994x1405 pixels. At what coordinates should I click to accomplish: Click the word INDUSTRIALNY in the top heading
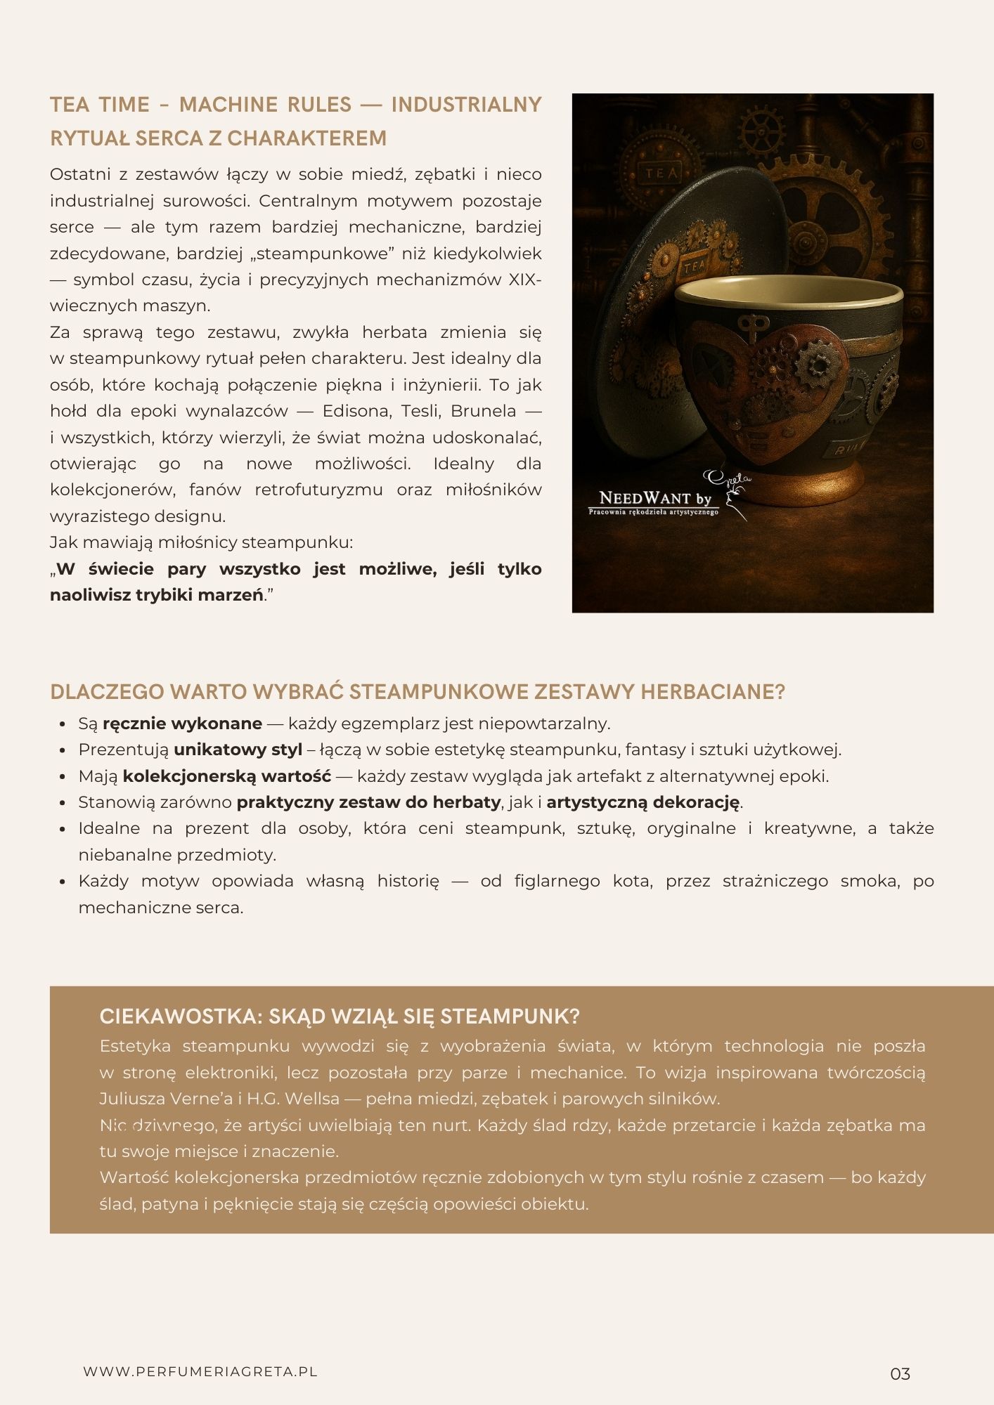466,105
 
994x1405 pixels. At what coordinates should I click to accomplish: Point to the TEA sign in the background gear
662,173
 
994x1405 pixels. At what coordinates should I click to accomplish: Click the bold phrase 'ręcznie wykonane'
182,724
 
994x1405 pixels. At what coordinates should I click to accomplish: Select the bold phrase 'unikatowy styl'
238,750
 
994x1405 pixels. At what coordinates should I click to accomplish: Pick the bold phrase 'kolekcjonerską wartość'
226,776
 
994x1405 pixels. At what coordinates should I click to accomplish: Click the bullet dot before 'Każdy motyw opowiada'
63,882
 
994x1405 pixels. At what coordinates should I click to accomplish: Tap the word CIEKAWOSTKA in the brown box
179,1017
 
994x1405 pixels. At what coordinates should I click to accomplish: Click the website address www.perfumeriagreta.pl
200,1371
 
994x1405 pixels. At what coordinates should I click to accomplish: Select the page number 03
900,1374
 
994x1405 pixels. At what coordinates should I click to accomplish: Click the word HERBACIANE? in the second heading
712,692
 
